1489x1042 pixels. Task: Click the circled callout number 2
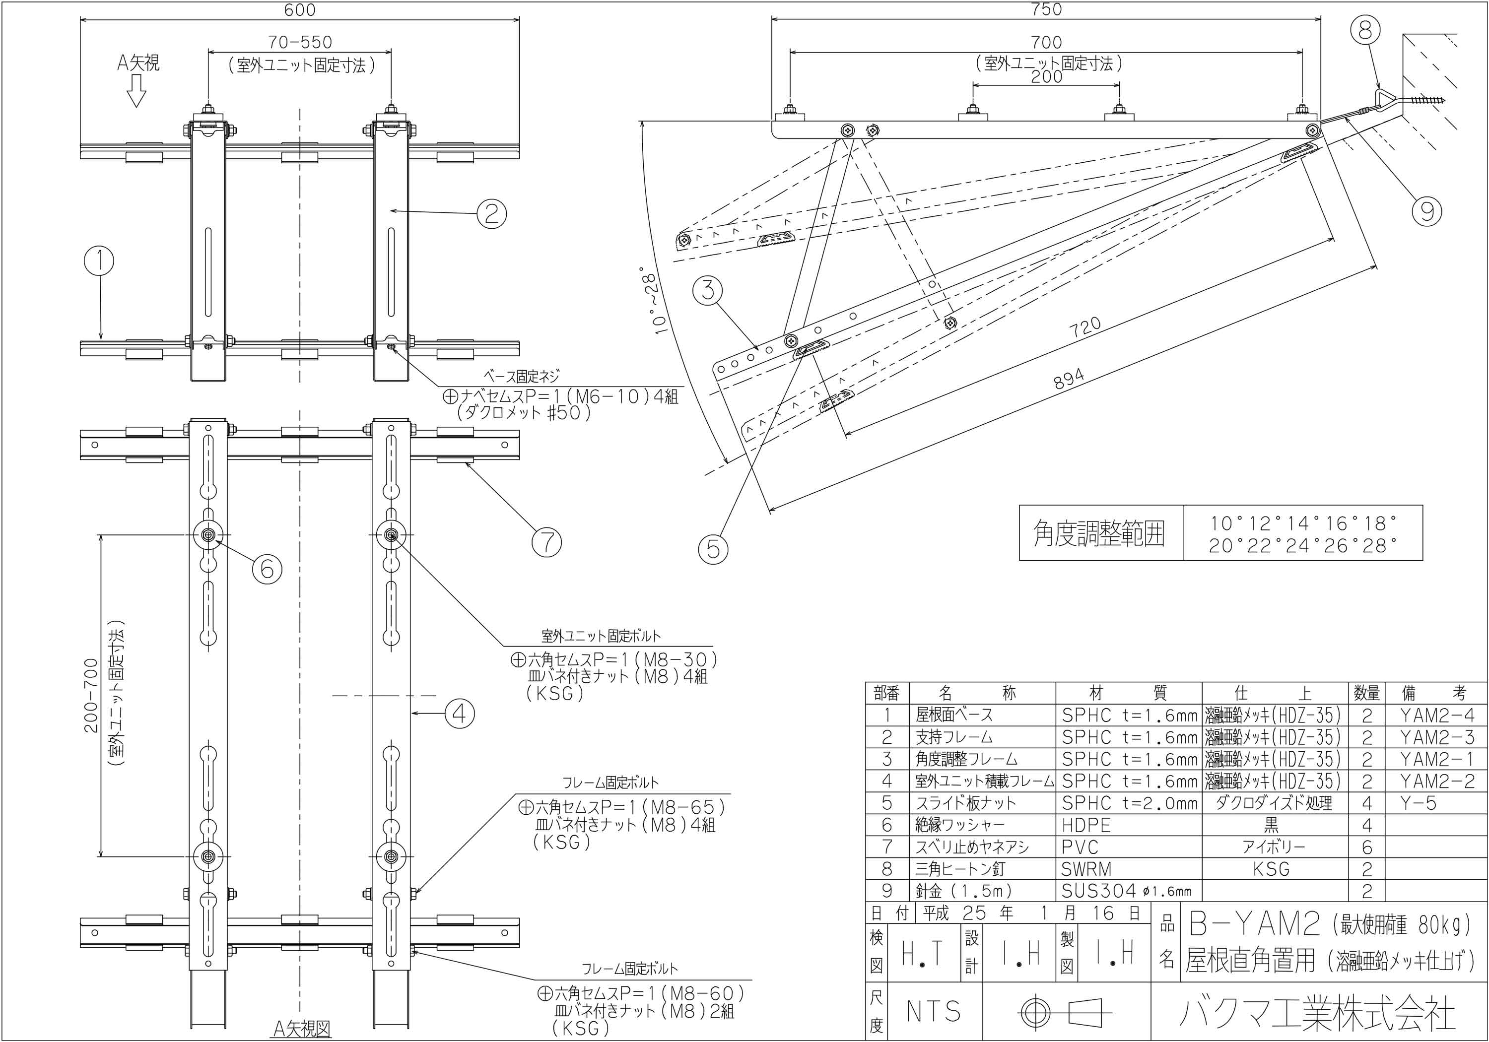tap(491, 213)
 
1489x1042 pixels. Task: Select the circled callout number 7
tap(546, 541)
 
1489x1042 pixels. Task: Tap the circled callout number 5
tap(713, 549)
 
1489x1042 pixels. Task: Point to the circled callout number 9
tap(1426, 211)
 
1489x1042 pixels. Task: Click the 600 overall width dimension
tap(300, 10)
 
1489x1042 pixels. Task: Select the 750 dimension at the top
tap(1046, 9)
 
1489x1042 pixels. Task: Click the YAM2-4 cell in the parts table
tap(1436, 715)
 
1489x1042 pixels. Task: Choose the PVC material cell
tap(1080, 847)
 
